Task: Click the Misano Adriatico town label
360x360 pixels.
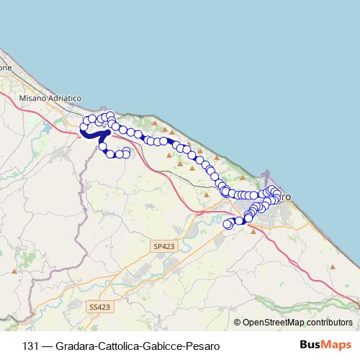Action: [x=51, y=97]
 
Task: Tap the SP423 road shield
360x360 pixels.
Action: [x=163, y=246]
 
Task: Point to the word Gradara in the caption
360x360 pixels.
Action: [x=75, y=346]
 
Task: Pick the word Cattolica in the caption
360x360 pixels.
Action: [x=117, y=346]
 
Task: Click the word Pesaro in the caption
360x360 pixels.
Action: [x=198, y=346]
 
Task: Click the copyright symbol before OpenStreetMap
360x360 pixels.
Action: [x=237, y=323]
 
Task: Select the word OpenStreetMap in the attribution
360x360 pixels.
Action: [x=273, y=323]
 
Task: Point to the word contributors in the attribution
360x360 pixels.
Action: [x=329, y=323]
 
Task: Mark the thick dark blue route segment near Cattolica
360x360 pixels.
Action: [x=92, y=134]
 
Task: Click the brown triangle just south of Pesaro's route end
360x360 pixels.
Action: [x=253, y=231]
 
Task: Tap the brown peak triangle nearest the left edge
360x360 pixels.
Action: [x=14, y=272]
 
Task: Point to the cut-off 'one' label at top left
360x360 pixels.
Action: [x=6, y=68]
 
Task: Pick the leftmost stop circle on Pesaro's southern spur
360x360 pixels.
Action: [x=228, y=224]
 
